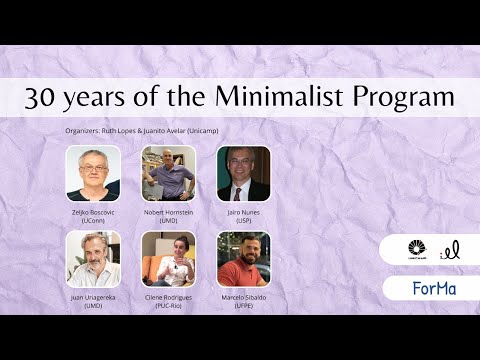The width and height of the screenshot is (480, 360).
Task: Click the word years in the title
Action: [x=105, y=98]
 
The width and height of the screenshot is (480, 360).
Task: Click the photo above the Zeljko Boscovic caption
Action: [x=93, y=173]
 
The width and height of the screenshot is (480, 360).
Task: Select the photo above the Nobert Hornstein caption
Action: [x=168, y=173]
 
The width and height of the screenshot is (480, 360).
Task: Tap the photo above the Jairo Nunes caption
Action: [x=243, y=173]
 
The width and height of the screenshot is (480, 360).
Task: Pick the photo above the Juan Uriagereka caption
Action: [x=93, y=259]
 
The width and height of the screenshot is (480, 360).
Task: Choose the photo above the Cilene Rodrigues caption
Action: [x=168, y=259]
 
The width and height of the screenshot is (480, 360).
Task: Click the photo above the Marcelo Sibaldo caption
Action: [x=243, y=259]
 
